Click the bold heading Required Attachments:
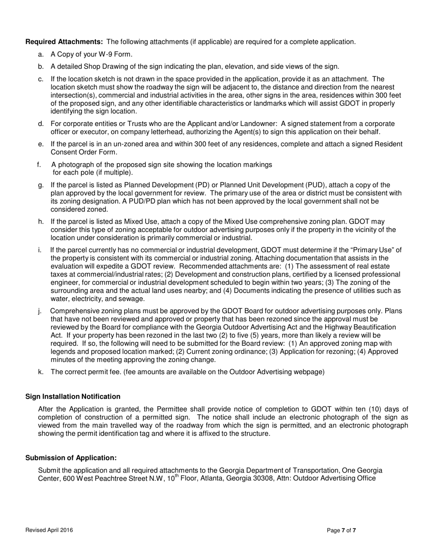point(64,42)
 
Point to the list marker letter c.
point(41,79)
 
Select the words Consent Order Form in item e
point(80,152)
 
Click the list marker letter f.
point(39,165)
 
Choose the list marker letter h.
point(41,222)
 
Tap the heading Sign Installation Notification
point(73,397)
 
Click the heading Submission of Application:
point(71,458)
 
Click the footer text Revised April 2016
point(49,530)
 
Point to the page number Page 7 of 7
point(342,530)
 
